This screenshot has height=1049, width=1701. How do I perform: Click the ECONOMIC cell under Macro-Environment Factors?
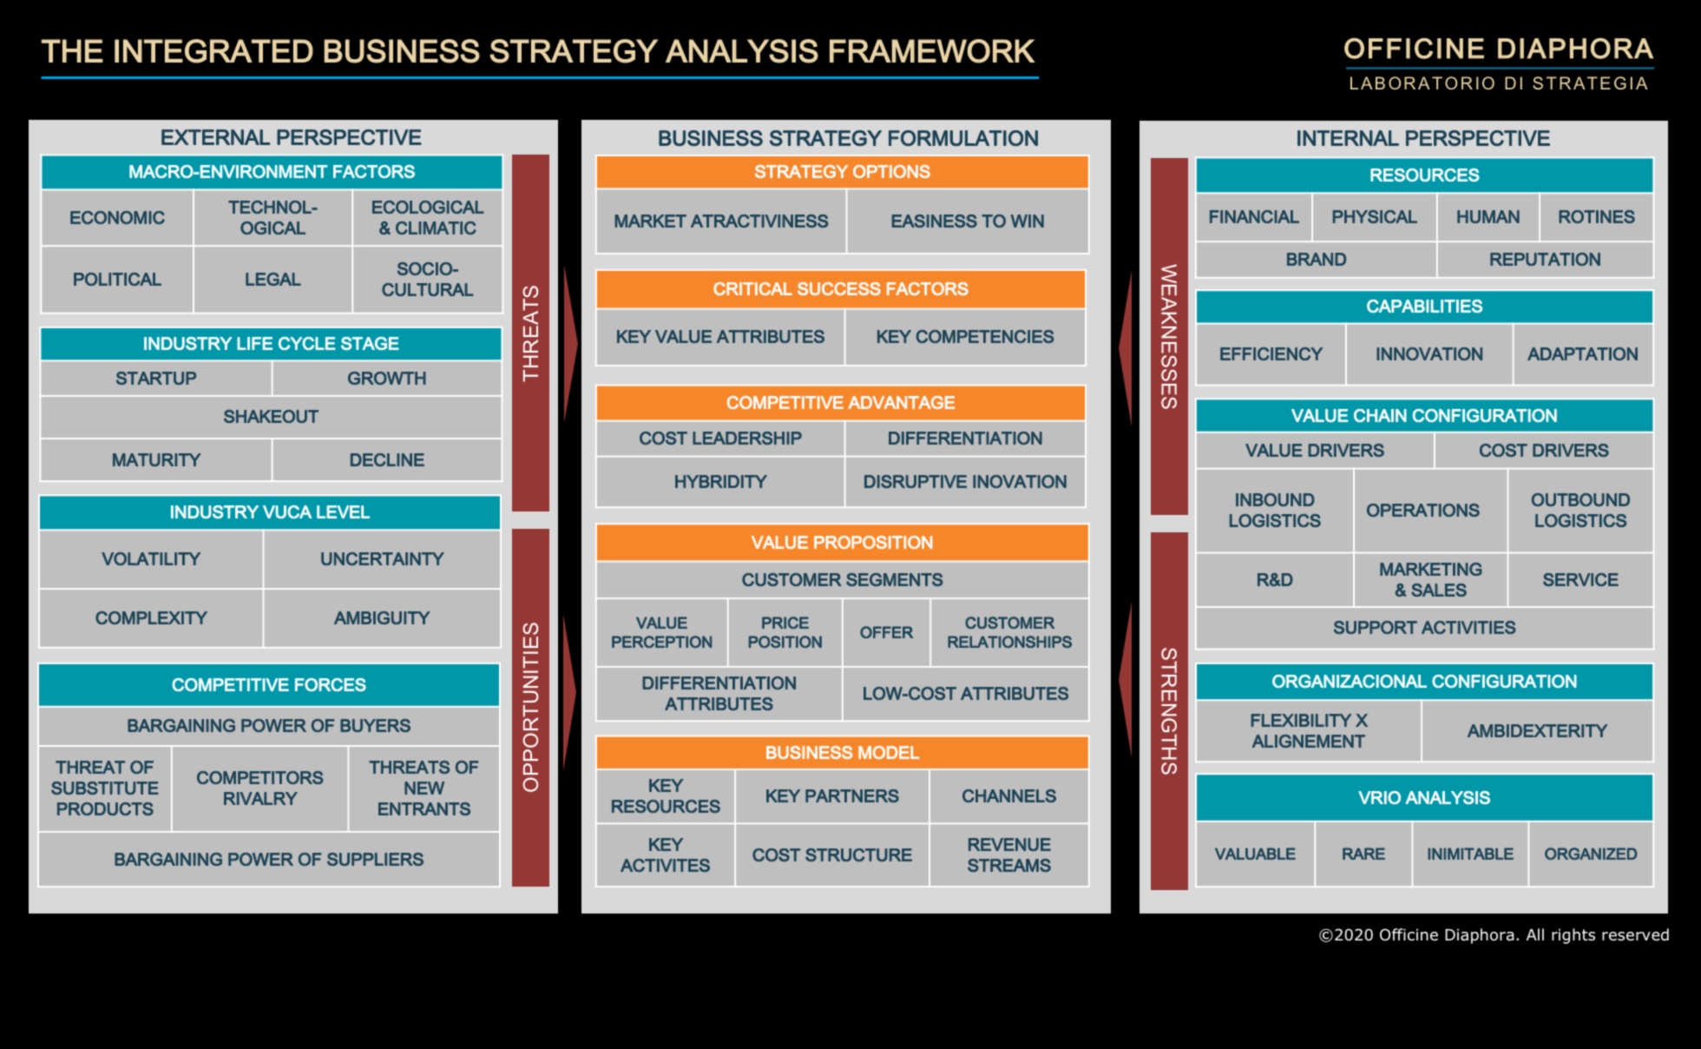(117, 218)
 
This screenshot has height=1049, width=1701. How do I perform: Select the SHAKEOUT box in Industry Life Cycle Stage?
(271, 417)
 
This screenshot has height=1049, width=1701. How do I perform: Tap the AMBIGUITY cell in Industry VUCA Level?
(382, 618)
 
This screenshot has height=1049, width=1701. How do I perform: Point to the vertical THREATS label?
(530, 333)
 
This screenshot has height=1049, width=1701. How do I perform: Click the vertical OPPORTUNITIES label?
(530, 707)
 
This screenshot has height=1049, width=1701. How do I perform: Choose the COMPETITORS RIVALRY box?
(259, 788)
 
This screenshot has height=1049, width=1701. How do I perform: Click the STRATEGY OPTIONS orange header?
(842, 172)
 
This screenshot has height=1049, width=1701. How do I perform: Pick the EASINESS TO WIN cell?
(968, 221)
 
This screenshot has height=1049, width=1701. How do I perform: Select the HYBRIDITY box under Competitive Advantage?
(720, 482)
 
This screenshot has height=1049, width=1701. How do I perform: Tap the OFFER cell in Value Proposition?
(886, 633)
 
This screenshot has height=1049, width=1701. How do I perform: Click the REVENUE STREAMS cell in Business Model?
(1008, 855)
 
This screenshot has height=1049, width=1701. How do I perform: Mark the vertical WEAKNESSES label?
(1169, 336)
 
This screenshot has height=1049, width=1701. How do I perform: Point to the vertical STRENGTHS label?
(1169, 711)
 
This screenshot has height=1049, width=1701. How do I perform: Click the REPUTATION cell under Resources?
(1545, 260)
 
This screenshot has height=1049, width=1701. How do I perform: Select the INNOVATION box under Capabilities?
(1429, 354)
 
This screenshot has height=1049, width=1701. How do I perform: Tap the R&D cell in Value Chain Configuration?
(1274, 580)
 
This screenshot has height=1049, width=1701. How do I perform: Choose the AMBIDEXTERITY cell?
(1537, 731)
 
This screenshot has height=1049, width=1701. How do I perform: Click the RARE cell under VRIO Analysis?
(1363, 854)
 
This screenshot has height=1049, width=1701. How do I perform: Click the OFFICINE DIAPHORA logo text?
(1499, 49)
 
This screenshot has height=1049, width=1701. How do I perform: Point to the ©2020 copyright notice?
(1494, 935)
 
